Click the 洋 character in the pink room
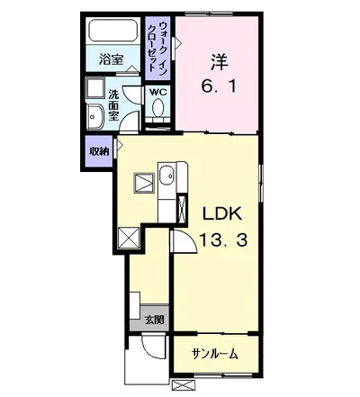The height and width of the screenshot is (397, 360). pyautogui.click(x=220, y=63)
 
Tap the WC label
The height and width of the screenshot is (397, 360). pyautogui.click(x=157, y=92)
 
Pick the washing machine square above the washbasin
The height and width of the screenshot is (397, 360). pyautogui.click(x=94, y=88)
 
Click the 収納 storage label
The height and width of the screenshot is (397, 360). pyautogui.click(x=98, y=150)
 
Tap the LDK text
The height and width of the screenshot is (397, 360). pyautogui.click(x=220, y=216)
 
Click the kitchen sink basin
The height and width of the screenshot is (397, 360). pyautogui.click(x=167, y=176)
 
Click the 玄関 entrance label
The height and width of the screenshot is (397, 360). pyautogui.click(x=153, y=319)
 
